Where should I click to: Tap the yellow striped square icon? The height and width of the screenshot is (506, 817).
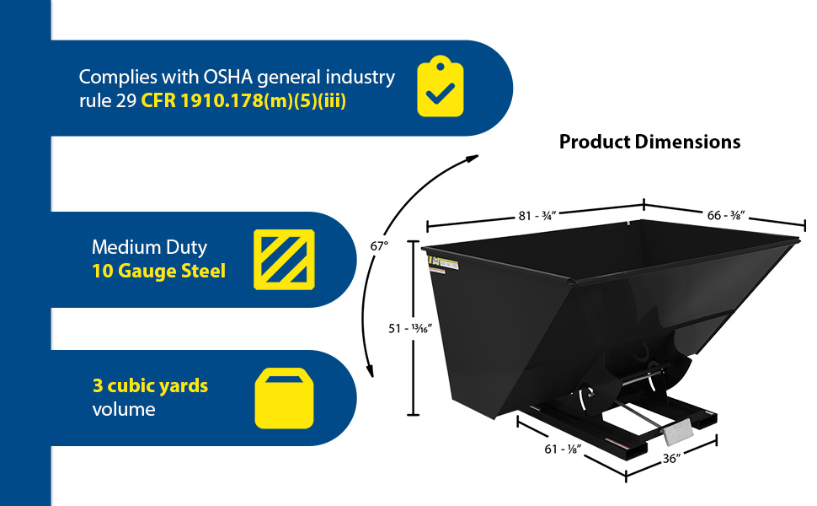click(284, 259)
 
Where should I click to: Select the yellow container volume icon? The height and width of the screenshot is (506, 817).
click(284, 398)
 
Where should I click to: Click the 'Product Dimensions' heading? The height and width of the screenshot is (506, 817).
click(649, 142)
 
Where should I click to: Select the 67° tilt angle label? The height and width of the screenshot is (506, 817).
click(379, 246)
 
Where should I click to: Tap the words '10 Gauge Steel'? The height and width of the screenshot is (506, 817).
click(158, 272)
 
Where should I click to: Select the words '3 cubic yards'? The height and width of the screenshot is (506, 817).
click(150, 386)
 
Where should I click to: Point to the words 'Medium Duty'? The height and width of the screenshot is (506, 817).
click(149, 248)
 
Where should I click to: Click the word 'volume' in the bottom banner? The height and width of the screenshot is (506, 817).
click(124, 410)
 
